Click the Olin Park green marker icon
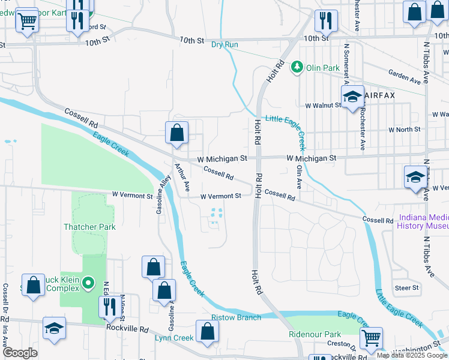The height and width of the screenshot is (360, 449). point(297,67)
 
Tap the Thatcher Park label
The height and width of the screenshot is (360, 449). point(90,227)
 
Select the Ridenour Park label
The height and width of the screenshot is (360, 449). point(315,334)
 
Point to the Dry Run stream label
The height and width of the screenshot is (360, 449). point(225,44)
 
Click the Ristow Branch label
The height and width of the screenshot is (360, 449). point(236,317)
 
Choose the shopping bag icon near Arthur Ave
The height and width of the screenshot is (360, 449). point(176,134)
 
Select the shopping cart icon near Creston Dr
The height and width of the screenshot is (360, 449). point(372,339)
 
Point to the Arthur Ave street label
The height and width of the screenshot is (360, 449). point(182,178)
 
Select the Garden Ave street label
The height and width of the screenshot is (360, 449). point(404,77)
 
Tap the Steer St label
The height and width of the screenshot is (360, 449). point(406,288)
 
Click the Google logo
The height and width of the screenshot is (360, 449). point(20,353)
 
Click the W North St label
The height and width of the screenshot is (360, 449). point(404,129)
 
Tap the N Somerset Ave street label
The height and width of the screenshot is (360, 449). point(346,65)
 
